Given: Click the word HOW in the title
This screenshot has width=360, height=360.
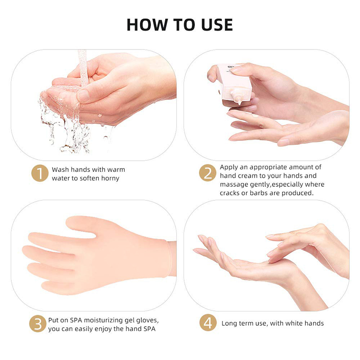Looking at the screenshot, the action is tap(147, 25).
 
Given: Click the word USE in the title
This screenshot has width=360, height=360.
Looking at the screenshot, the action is tap(217, 25).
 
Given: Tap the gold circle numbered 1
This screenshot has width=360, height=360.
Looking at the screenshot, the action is tap(40, 173).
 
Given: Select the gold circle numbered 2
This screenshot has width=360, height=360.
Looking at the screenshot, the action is tap(207, 173).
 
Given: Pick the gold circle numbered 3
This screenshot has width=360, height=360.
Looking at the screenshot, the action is tap(38, 324).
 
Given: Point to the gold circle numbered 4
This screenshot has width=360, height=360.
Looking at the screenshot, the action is tap(208, 323).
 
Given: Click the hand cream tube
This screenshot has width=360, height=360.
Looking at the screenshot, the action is tap(234, 84).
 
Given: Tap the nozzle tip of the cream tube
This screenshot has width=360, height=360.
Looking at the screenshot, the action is tap(240, 102).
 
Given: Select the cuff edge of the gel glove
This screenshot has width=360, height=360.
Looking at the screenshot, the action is tap(170, 258).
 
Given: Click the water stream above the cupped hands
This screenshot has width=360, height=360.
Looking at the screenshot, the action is tap(83, 67).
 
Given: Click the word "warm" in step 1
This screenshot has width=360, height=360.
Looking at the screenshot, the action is tap(116, 170).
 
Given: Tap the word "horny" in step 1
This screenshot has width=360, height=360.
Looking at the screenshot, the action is tap(110, 178).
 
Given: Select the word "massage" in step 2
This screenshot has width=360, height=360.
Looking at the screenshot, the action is tap(234, 185).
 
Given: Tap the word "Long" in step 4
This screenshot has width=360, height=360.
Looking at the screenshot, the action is tap(229, 324).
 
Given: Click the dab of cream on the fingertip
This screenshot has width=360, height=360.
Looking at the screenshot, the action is tap(255, 116).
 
